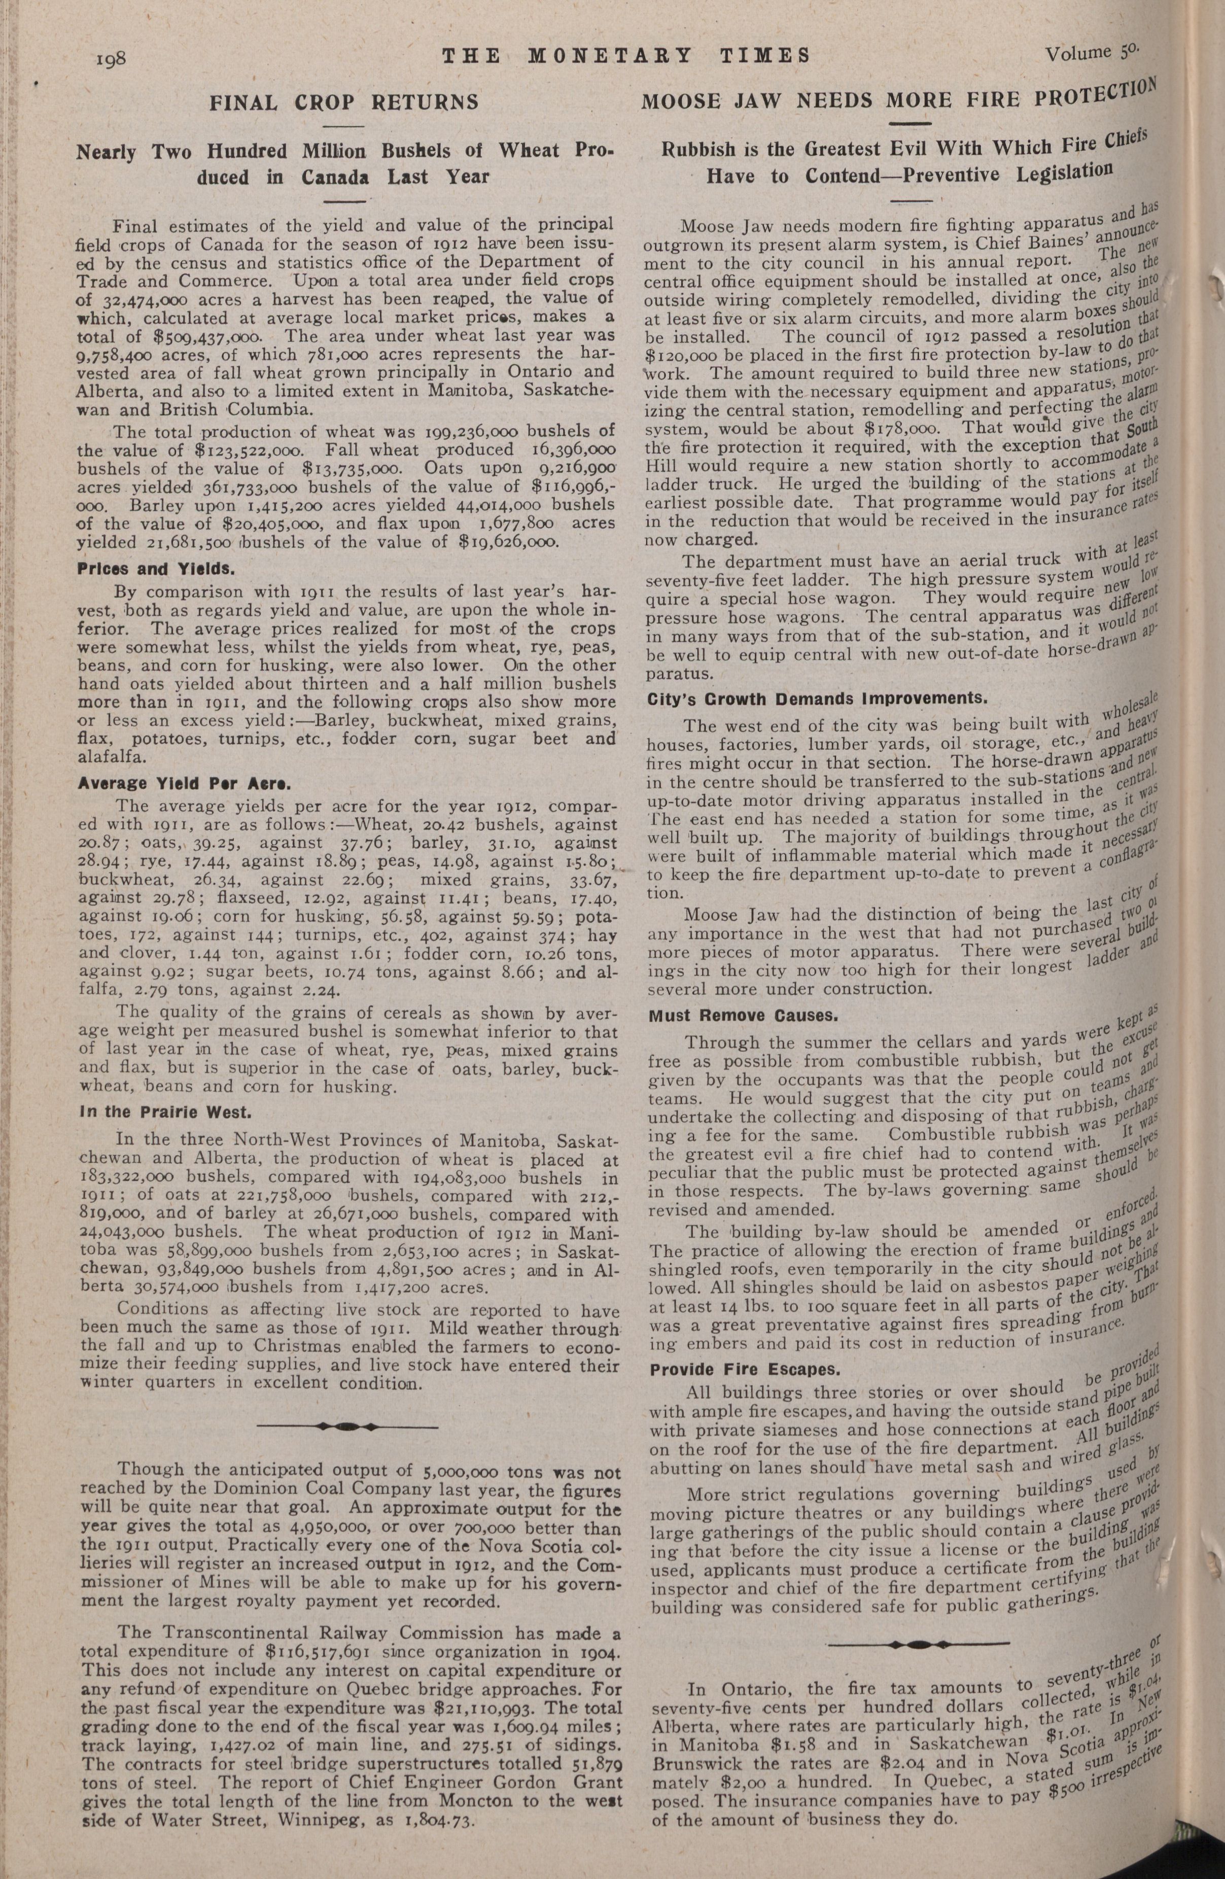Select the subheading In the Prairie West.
pos(163,1113)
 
